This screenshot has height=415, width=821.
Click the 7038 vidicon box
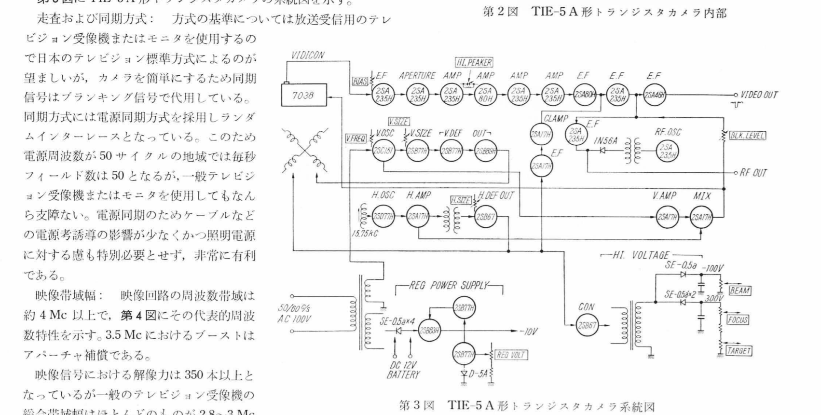[x=304, y=95]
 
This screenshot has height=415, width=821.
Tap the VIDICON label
[x=308, y=55]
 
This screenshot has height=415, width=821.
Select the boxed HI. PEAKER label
[x=474, y=62]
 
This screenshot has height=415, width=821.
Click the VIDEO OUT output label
[x=759, y=95]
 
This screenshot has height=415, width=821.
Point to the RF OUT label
[x=753, y=173]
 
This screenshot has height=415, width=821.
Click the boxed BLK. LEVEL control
[x=747, y=136]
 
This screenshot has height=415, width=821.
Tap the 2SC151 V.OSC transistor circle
[x=383, y=151]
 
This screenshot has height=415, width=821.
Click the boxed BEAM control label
[x=740, y=290]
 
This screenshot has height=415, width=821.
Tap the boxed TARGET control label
[x=739, y=351]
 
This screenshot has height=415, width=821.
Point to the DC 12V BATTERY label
[x=403, y=369]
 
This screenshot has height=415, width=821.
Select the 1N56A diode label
[x=606, y=140]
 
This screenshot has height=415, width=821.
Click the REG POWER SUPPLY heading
[x=449, y=285]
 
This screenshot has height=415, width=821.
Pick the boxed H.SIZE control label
[x=461, y=200]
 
